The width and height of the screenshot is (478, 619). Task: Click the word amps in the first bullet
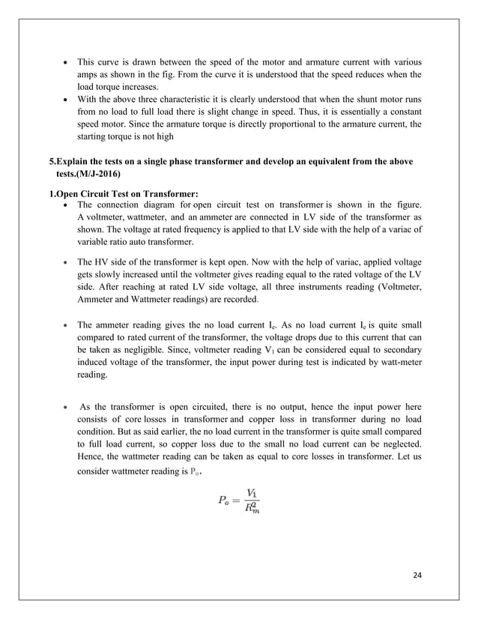(85, 74)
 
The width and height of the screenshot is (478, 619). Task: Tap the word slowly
(107, 275)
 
